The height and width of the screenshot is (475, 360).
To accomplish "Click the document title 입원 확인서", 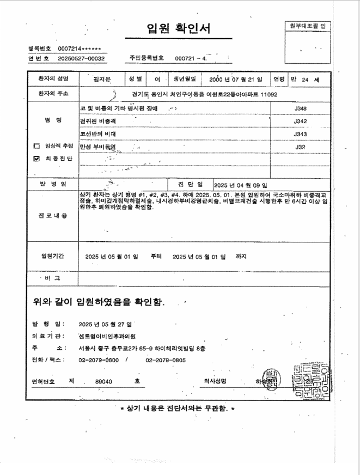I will (x=179, y=28).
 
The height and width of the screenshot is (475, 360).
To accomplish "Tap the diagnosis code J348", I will (x=300, y=108).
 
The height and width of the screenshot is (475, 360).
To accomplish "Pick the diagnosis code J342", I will (x=300, y=121).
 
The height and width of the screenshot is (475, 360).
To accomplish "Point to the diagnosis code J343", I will (x=300, y=133).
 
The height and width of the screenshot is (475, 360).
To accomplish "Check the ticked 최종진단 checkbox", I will (x=36, y=159).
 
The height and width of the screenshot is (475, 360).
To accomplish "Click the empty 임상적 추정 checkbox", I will (x=36, y=146).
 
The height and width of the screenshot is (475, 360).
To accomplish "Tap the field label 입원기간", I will (x=53, y=255).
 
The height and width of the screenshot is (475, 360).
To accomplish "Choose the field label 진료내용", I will (x=53, y=216).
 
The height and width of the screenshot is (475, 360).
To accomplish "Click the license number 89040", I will (x=103, y=382).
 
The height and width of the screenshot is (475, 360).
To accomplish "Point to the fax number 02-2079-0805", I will (x=166, y=360).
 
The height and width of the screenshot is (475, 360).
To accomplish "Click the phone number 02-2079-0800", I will (x=99, y=360).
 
